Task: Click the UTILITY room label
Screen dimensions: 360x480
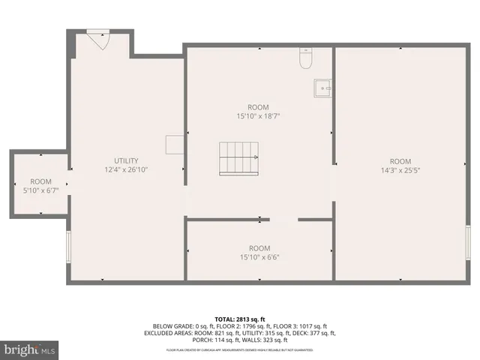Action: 126,161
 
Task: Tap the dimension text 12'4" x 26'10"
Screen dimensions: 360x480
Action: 126,170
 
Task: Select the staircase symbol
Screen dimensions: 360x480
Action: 238,158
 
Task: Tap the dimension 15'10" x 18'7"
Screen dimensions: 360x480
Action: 258,116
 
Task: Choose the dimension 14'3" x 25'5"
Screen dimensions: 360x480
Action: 400,170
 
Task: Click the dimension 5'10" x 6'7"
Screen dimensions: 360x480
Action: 40,190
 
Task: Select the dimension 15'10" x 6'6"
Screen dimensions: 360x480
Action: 259,257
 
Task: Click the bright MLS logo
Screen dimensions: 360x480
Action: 30,349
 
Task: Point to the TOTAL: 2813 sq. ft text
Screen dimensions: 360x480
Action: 240,319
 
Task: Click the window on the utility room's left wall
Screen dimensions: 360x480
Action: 69,246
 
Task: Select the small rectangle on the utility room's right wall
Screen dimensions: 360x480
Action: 175,145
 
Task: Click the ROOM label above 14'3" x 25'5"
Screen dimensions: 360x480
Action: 400,161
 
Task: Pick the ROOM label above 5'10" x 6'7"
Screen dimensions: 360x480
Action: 40,181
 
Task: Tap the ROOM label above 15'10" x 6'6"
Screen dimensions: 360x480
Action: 259,248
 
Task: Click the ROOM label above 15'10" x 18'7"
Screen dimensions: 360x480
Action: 258,107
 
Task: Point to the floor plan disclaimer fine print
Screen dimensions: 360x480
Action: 240,350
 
